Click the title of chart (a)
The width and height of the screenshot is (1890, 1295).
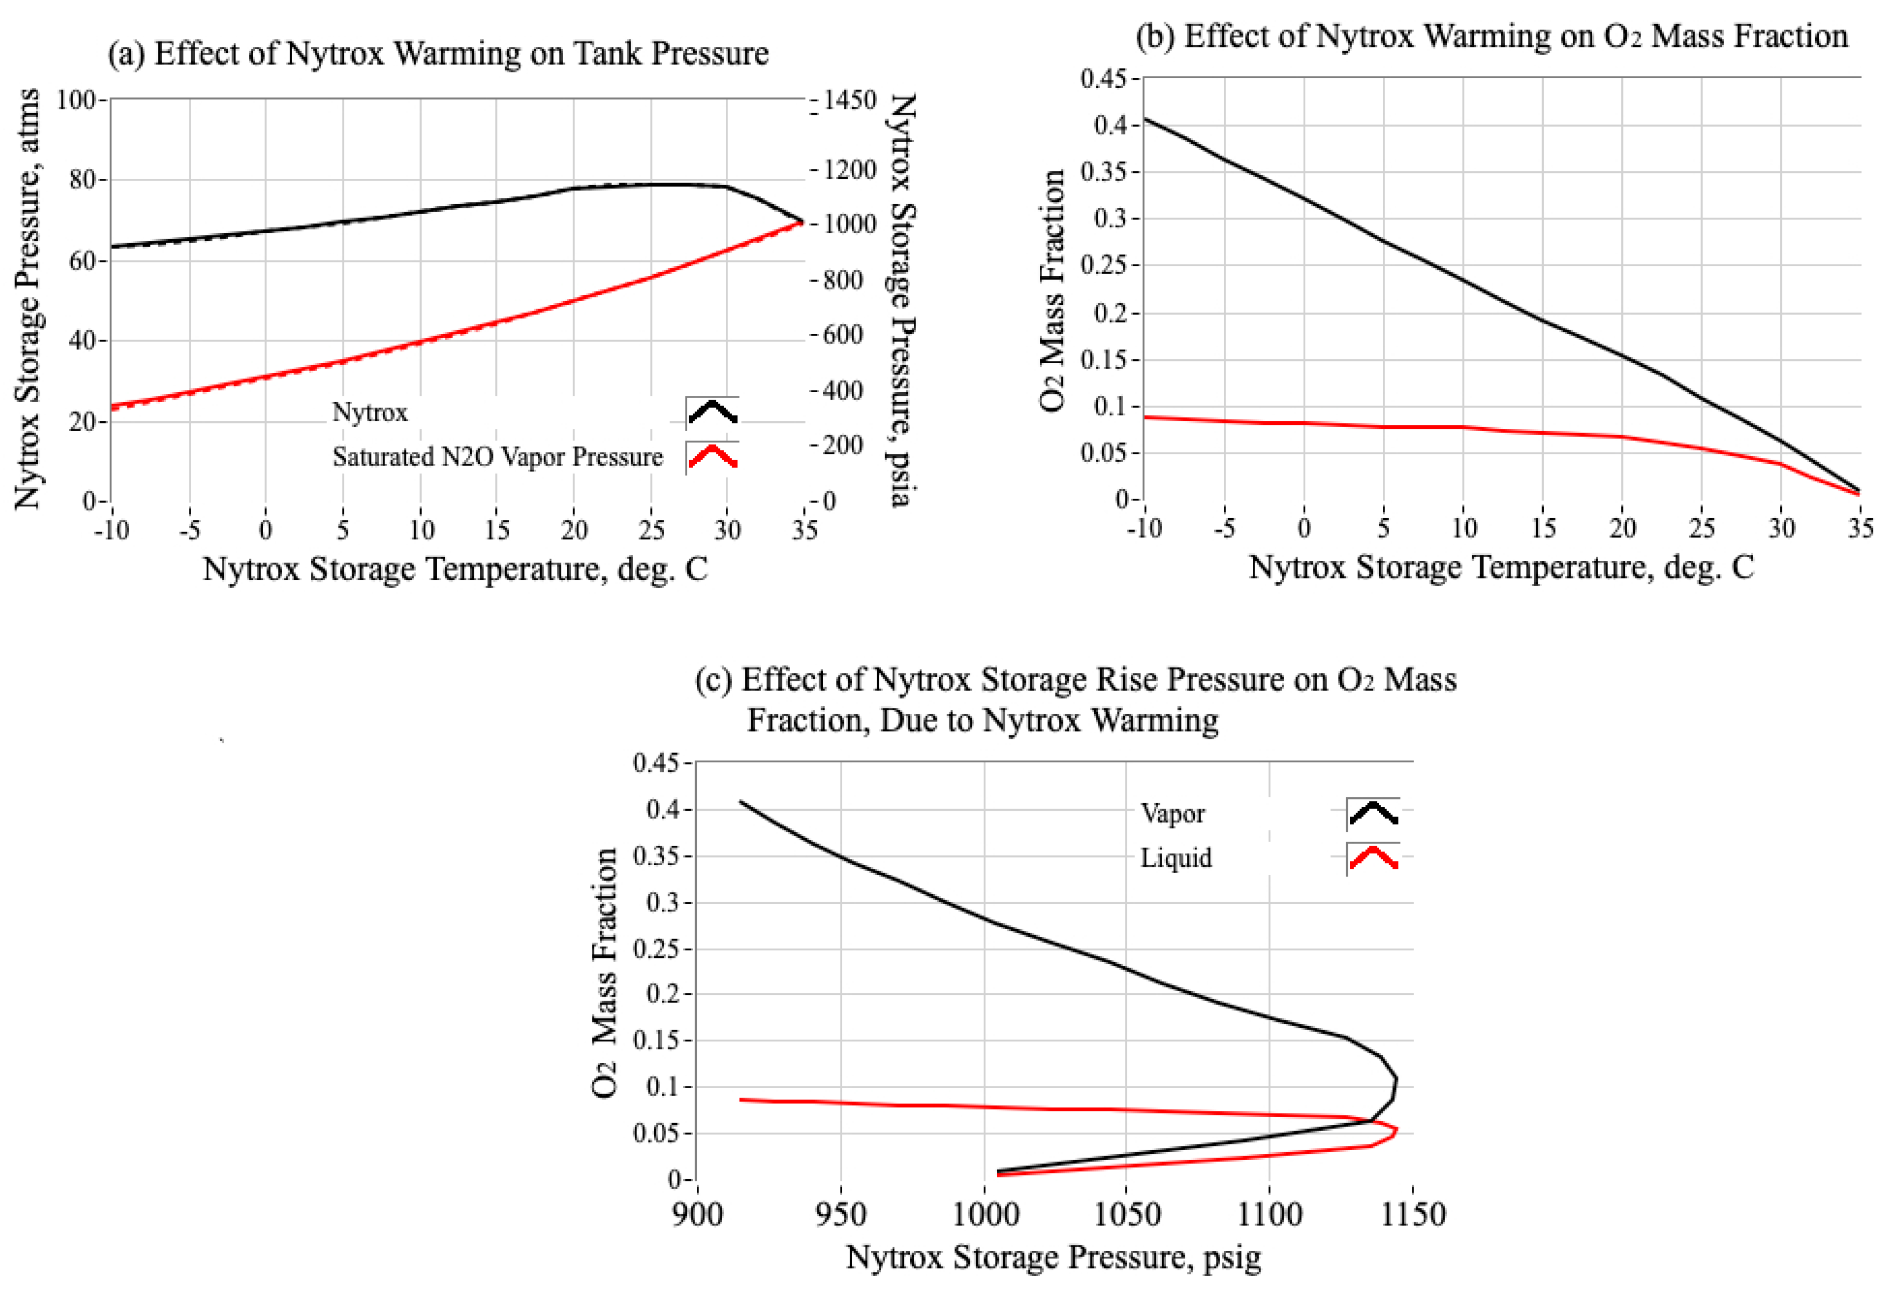pos(438,54)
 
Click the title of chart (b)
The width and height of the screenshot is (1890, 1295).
pos(1492,37)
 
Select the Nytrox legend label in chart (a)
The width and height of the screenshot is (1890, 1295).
pos(370,413)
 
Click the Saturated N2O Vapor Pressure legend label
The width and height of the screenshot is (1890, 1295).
pos(498,457)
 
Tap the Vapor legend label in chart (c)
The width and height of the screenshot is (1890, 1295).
pos(1173,813)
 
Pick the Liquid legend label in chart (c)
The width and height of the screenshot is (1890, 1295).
pos(1176,858)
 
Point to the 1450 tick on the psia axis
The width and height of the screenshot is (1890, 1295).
pos(850,100)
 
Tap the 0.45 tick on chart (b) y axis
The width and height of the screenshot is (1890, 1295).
pos(1104,78)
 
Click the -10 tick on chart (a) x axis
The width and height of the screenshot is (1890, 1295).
pos(111,531)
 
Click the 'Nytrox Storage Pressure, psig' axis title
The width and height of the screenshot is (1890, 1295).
pos(1054,1258)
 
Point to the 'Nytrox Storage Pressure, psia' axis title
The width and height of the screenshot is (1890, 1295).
pos(901,301)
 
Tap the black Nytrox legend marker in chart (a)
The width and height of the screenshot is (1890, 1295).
pos(712,413)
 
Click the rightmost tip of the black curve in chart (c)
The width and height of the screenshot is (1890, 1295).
pos(1397,1080)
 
